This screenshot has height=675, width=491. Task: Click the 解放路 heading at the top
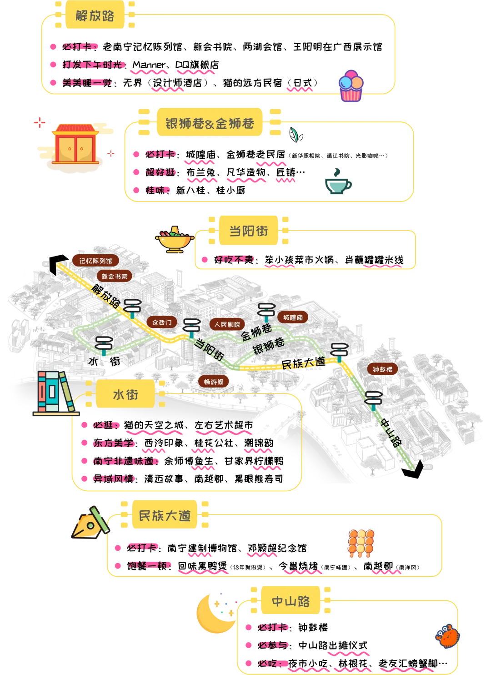(95, 16)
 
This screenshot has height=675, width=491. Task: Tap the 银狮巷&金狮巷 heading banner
(210, 123)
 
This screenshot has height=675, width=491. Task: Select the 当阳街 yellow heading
(248, 231)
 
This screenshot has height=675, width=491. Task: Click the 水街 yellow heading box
(125, 394)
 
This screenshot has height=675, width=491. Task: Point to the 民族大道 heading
(165, 515)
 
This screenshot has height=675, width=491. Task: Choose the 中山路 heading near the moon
(291, 601)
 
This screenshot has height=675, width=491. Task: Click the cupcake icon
(351, 86)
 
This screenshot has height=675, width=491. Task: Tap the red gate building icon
(75, 144)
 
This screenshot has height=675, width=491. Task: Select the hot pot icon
(174, 239)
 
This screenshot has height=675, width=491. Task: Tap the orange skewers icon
(361, 543)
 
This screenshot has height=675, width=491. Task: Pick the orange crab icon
(448, 636)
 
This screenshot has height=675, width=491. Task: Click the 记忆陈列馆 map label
(95, 261)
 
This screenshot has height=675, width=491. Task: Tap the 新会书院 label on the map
(115, 276)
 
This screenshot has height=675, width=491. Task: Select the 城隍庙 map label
(293, 317)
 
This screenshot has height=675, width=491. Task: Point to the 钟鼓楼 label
(382, 369)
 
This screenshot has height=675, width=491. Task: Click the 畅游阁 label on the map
(214, 382)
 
